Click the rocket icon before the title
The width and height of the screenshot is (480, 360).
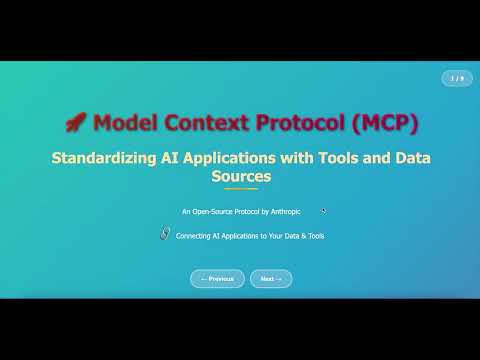(75, 123)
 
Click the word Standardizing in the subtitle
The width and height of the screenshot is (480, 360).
(103, 158)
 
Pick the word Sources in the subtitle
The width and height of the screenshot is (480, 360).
(241, 176)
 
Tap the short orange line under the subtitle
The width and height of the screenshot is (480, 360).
(241, 189)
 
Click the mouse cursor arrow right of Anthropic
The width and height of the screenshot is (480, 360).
(324, 211)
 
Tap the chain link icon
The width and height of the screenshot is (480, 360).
(165, 233)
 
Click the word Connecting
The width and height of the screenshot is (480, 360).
(193, 236)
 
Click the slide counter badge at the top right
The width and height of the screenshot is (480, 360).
(457, 78)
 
